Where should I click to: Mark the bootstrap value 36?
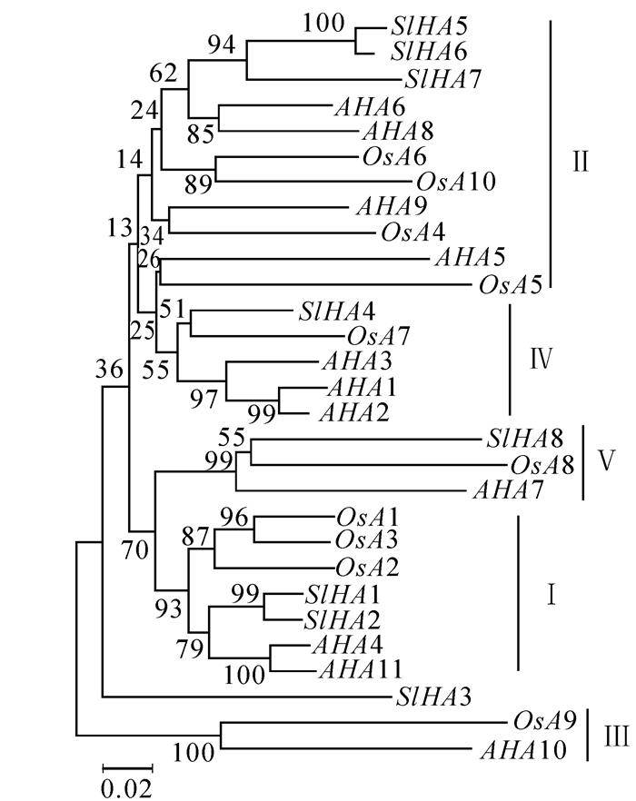point(108,368)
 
